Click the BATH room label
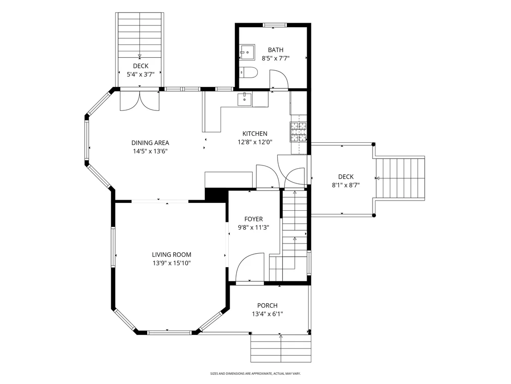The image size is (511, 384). (275, 50)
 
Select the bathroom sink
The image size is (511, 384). (247, 52)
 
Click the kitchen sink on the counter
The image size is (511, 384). (244, 99)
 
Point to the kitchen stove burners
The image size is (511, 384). (298, 132)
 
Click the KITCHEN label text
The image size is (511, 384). (255, 134)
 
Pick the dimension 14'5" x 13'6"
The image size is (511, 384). (150, 151)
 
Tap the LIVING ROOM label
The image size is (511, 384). (172, 255)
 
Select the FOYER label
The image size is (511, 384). (254, 219)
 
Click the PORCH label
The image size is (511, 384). (267, 305)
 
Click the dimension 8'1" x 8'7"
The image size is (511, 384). (346, 185)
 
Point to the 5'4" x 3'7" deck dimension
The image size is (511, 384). (141, 74)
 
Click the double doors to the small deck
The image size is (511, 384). (140, 101)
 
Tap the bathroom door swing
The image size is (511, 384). (279, 79)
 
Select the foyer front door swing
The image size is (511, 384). (250, 267)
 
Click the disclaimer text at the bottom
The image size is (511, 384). (255, 373)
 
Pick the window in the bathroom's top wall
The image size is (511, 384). (274, 25)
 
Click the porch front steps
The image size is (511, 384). (280, 348)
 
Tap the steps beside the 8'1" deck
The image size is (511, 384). (400, 178)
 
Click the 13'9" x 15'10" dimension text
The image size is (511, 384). (172, 263)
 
